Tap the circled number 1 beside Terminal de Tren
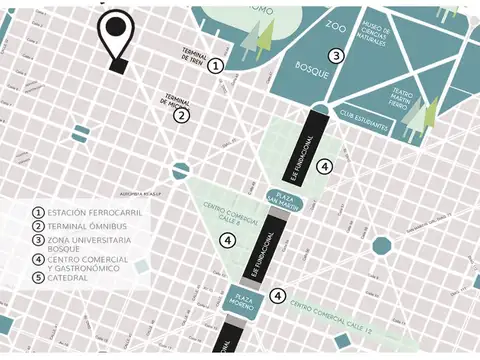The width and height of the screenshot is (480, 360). (216, 66)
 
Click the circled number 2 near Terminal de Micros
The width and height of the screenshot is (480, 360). (181, 114)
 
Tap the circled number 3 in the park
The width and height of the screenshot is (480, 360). (337, 56)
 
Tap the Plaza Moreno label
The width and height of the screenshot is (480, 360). (242, 297)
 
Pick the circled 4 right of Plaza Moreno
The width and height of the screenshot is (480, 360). (278, 295)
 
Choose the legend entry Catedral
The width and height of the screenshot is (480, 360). (67, 278)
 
